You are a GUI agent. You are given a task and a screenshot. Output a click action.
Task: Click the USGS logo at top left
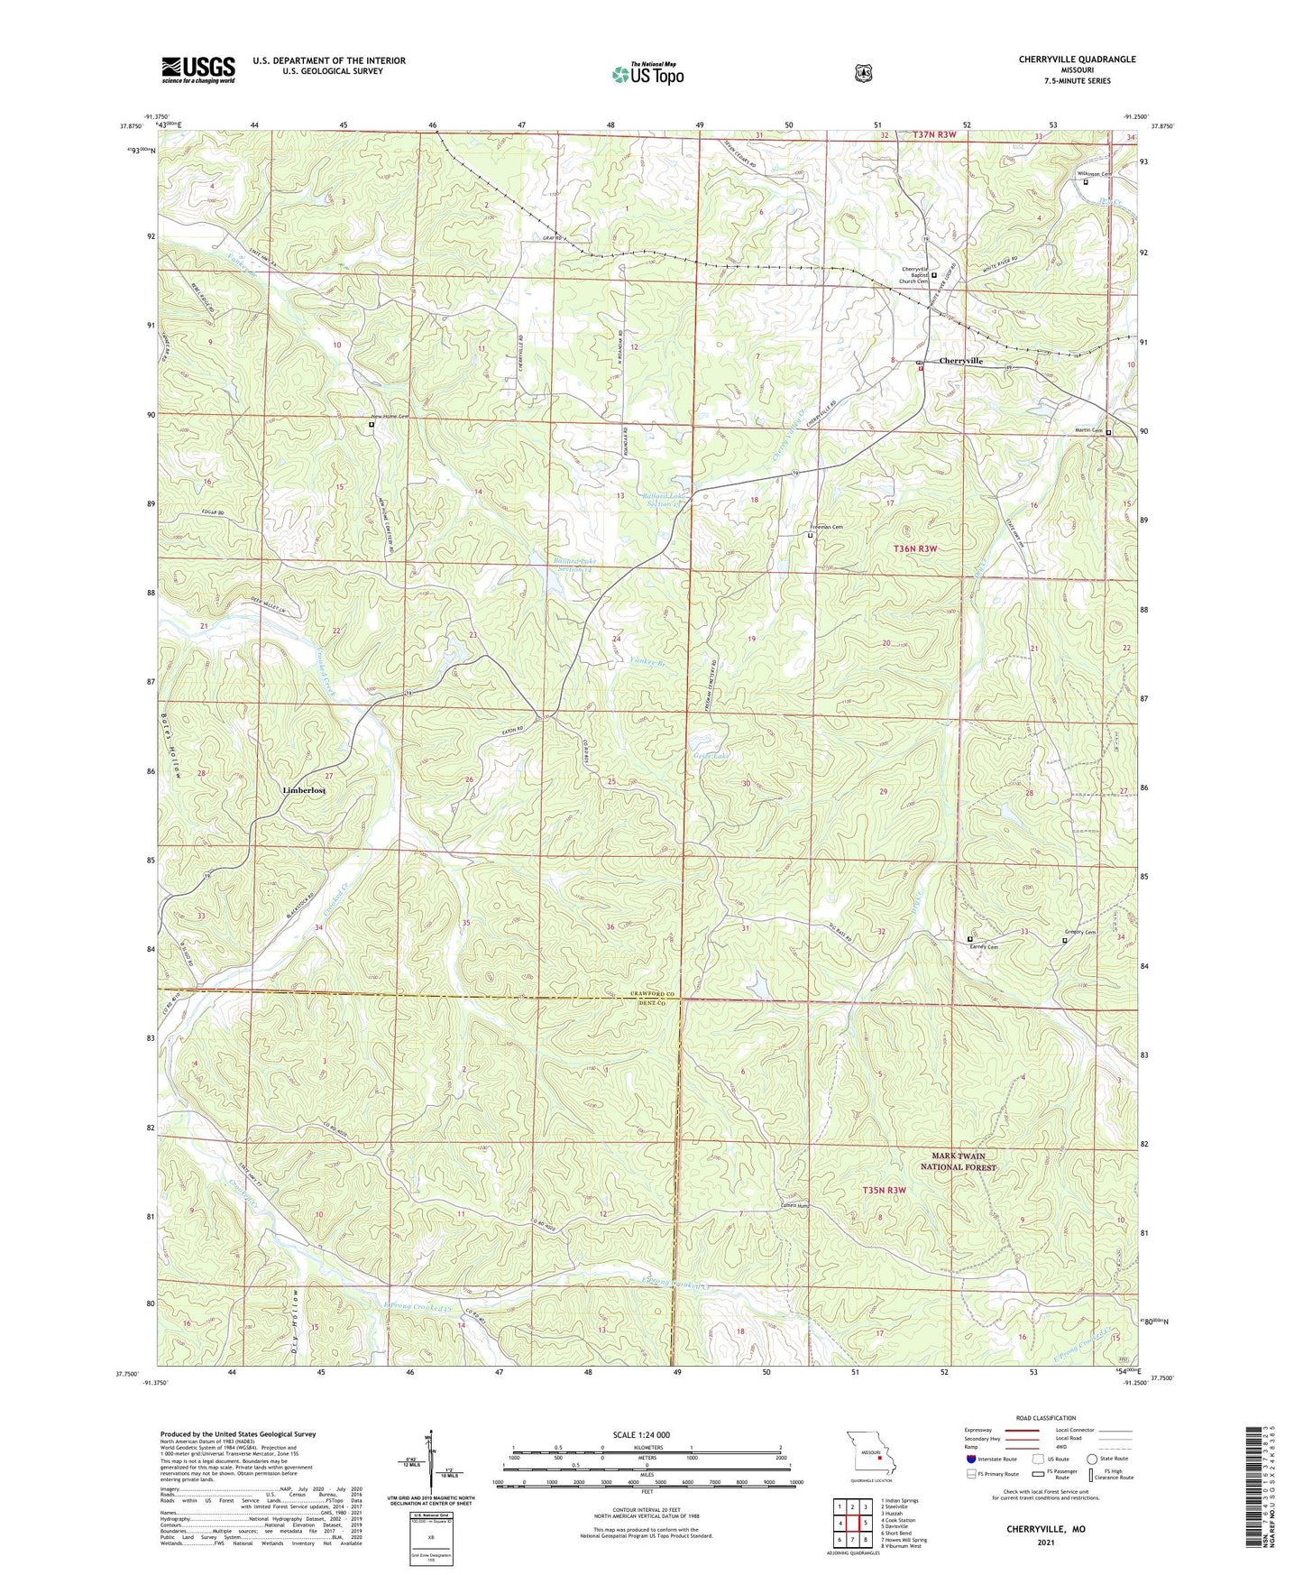(x=198, y=69)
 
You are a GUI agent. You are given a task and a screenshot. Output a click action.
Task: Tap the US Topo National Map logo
(x=647, y=74)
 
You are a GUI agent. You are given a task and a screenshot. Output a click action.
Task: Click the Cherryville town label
(x=960, y=361)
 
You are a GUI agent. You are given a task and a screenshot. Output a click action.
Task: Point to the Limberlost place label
(x=304, y=790)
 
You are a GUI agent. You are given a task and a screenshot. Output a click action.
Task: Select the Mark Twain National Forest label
(x=958, y=1161)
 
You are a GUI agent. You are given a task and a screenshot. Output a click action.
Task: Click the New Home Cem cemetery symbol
(x=372, y=423)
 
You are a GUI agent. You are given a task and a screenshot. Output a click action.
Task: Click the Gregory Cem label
(x=1084, y=933)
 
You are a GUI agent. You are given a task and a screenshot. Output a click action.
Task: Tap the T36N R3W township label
(x=915, y=548)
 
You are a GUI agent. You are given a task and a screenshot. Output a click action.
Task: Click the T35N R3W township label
(x=884, y=1190)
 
